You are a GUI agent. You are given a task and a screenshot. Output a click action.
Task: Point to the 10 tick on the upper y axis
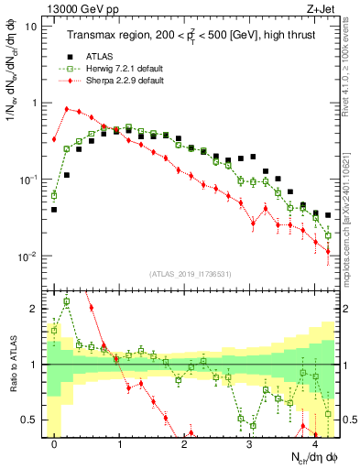pos(31,27)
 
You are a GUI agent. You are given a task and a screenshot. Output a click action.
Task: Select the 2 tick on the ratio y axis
pos(33,309)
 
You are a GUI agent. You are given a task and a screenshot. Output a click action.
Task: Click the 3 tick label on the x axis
pos(250,444)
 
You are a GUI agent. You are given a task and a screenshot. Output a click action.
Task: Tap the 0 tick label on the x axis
pos(54,444)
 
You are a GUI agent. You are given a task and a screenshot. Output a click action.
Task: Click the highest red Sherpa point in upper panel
pos(67,108)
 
